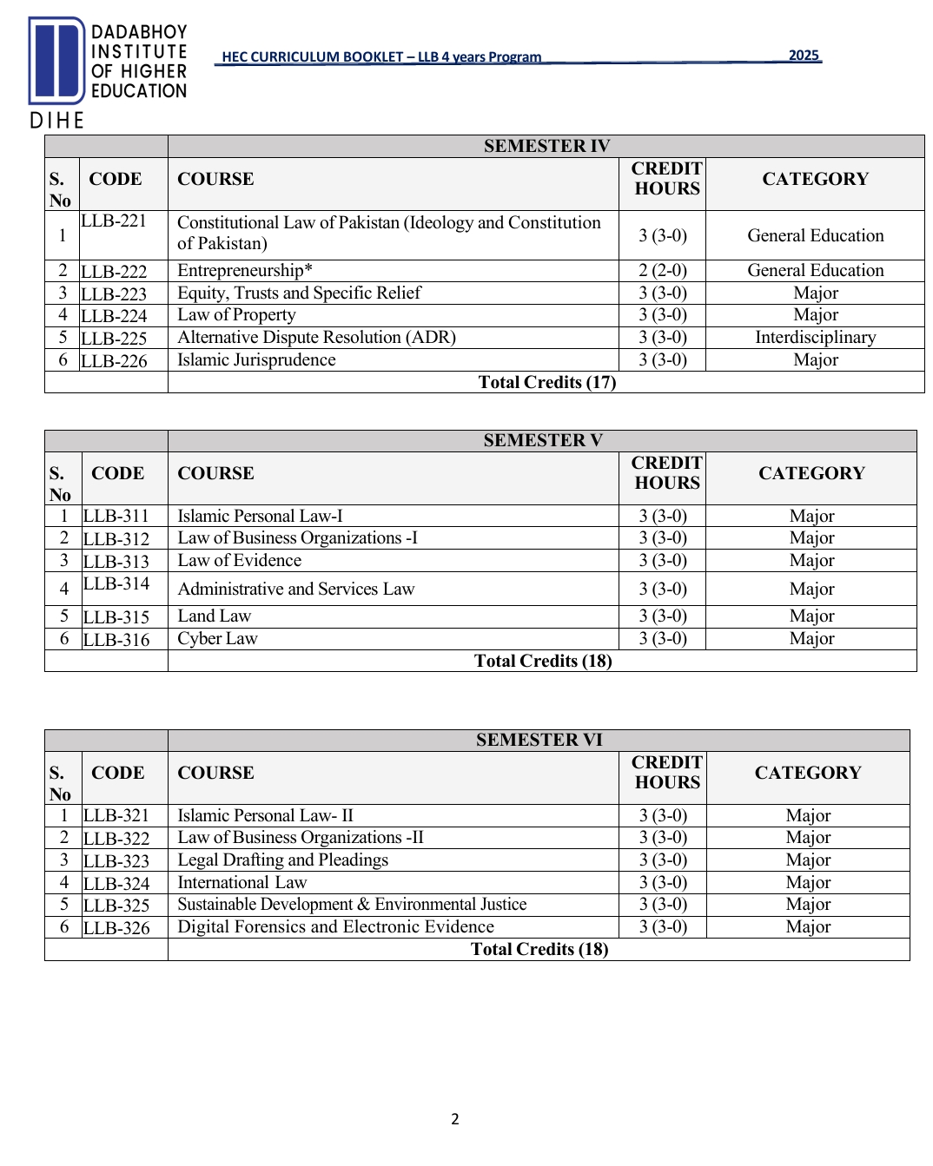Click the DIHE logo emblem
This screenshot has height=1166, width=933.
point(56,61)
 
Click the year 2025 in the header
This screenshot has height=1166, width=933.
point(804,56)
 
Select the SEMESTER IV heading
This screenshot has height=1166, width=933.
point(546,146)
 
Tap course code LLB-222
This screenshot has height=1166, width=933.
point(115,272)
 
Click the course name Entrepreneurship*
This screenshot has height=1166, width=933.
point(245,271)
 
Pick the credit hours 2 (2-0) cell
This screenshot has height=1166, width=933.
point(662,271)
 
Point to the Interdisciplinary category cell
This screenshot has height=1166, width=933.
point(815,338)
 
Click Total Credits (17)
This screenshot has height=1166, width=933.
point(546,383)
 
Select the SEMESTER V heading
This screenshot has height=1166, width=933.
point(542,440)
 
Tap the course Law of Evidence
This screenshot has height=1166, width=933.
point(240,561)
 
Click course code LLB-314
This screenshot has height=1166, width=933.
point(116,584)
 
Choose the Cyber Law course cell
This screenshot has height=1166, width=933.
point(218,639)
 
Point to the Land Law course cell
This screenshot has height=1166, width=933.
point(215,616)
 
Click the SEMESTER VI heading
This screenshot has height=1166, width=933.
point(539,740)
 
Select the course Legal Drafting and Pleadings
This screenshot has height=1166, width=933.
point(283,860)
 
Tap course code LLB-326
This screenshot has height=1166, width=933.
point(116,928)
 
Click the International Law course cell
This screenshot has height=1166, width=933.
point(242,883)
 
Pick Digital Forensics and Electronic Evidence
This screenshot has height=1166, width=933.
point(335,927)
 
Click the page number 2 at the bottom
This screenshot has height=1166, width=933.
point(454,1119)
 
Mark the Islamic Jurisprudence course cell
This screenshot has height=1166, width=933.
point(256,360)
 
